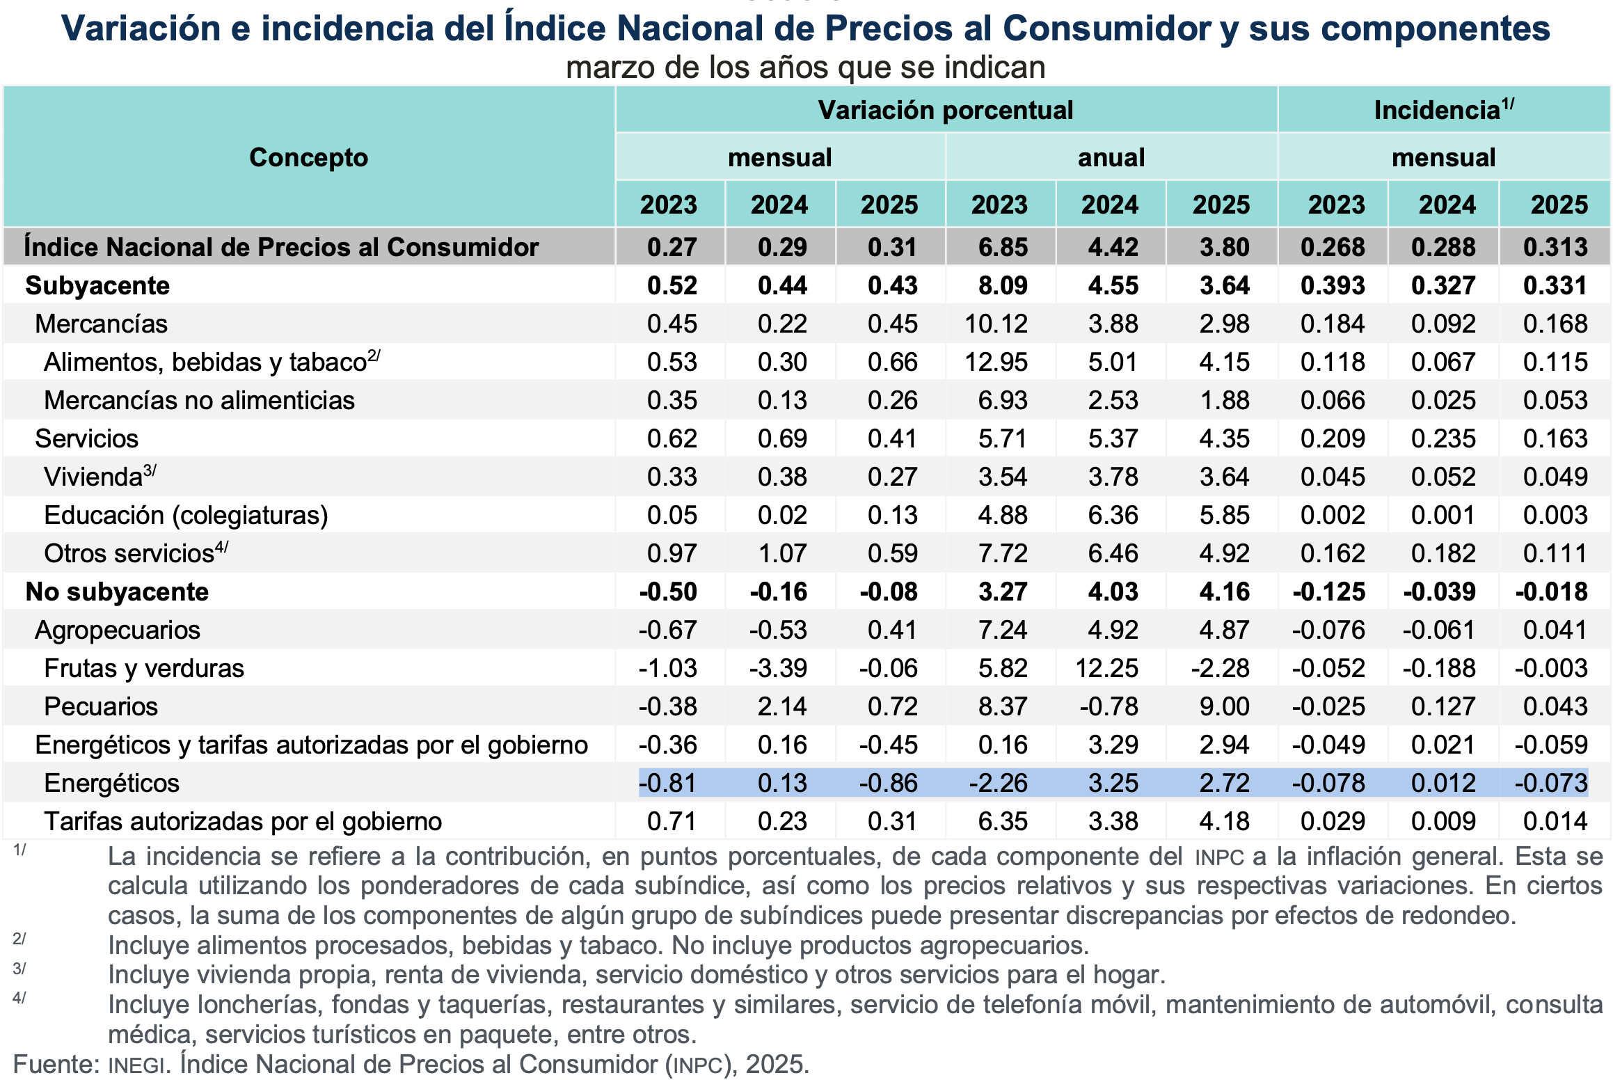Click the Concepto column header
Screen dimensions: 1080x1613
point(308,158)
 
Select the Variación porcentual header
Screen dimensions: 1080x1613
point(945,111)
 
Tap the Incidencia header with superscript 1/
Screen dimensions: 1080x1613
point(1443,110)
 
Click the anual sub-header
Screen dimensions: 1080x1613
point(1111,158)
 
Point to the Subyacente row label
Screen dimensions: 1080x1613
point(97,286)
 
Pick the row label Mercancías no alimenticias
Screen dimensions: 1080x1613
point(199,401)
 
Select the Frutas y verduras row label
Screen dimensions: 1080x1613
point(144,669)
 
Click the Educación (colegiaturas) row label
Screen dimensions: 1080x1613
point(186,516)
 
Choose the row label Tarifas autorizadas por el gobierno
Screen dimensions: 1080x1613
point(243,822)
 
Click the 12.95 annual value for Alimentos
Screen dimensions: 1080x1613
point(996,363)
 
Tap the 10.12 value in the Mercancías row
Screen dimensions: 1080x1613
point(996,324)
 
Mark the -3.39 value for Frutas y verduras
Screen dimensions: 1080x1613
point(778,669)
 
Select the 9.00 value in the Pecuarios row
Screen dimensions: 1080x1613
point(1224,707)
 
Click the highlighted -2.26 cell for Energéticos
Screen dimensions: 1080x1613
point(998,784)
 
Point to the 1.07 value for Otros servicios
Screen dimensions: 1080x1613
point(782,554)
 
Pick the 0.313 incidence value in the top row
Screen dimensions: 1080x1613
point(1555,248)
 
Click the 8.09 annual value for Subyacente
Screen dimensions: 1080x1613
point(1003,286)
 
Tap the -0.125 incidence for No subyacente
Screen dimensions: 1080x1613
point(1328,592)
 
